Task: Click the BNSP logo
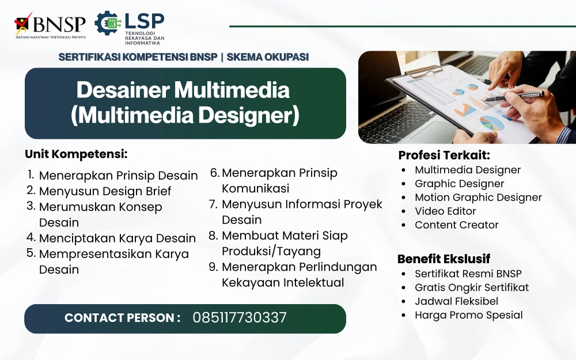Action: point(50,25)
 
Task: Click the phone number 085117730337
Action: point(240,318)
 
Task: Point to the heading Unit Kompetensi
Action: point(76,154)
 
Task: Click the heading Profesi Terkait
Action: point(444,155)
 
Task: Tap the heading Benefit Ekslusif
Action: point(444,259)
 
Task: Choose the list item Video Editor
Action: point(445,211)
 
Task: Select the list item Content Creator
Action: point(457,225)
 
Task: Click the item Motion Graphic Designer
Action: point(478,198)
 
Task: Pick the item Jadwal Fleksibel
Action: point(457,301)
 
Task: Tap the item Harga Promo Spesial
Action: point(469,315)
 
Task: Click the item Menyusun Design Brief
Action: point(105,191)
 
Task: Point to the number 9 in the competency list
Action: point(214,267)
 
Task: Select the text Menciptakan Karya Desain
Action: point(117,238)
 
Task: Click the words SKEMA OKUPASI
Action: point(267,57)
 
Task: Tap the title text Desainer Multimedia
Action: point(183,90)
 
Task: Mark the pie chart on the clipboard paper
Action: point(492,123)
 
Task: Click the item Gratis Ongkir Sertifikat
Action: point(472,287)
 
